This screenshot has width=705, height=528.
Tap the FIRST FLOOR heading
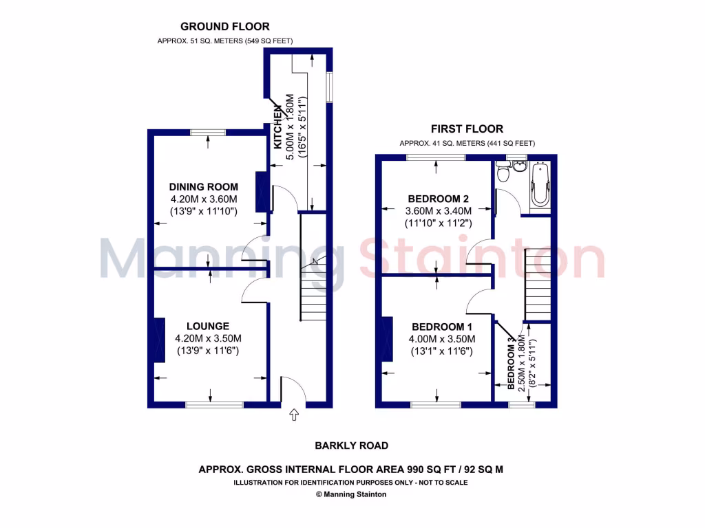pos(467,129)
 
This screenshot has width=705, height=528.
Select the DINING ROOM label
pos(204,187)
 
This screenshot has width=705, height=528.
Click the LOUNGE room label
pos(207,326)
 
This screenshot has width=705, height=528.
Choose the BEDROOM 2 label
pos(434,199)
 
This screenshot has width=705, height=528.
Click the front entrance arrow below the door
pos(295,415)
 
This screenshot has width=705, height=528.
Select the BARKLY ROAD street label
pos(351,445)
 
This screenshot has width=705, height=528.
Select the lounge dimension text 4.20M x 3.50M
pos(208,338)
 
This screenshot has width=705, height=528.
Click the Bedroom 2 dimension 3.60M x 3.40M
pos(437,211)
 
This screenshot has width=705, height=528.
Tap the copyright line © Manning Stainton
pos(350,494)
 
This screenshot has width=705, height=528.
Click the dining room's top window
pos(209,131)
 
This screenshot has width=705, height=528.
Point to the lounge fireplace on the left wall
pos(160,340)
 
